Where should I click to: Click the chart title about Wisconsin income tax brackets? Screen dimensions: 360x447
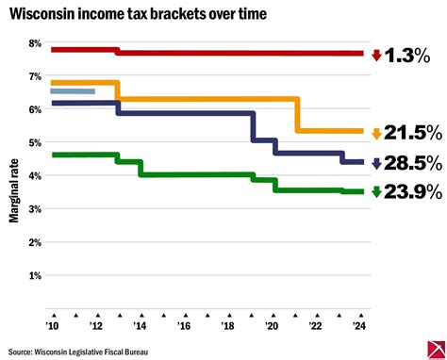138,15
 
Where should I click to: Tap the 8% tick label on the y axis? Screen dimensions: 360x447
35,43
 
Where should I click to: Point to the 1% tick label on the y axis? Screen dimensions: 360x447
35,276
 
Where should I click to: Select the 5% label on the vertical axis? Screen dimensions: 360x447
35,143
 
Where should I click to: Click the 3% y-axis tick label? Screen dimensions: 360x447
35,210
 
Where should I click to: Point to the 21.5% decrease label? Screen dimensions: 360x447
412,134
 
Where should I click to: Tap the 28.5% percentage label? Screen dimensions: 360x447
412,163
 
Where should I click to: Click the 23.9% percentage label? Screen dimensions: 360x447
412,192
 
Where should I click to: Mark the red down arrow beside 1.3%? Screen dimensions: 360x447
376,56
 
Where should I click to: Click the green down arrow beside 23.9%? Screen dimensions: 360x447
376,192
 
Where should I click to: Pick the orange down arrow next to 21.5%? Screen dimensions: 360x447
376,134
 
